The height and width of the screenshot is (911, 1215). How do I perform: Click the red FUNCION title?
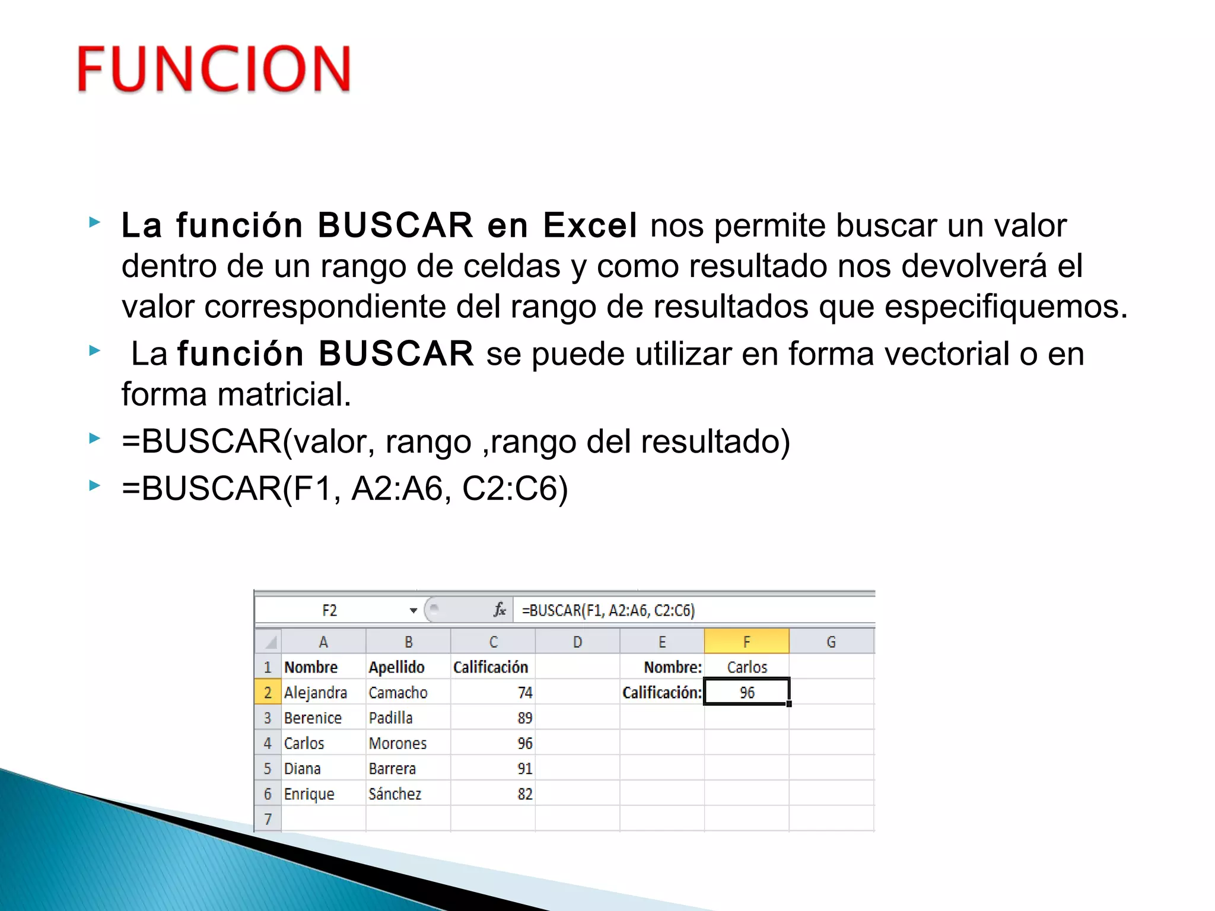[x=214, y=69]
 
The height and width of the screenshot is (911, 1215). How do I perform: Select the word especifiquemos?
[x=1005, y=307]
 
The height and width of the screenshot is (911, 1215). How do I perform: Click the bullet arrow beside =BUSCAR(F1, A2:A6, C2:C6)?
[x=94, y=486]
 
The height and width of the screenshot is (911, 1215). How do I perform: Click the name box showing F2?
[x=330, y=610]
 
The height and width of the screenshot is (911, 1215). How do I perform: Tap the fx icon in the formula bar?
[x=500, y=610]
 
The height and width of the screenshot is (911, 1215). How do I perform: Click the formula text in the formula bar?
[x=608, y=610]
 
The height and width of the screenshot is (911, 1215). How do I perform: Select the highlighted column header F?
[x=746, y=642]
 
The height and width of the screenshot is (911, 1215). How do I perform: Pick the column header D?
[x=577, y=642]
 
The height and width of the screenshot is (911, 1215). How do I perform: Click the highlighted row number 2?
[x=268, y=692]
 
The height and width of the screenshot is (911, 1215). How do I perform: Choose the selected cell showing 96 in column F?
[x=746, y=692]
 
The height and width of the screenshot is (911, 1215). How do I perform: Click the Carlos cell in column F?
[x=747, y=667]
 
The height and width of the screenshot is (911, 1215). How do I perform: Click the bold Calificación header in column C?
[x=491, y=667]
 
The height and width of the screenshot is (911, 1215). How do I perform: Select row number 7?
[x=268, y=819]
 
